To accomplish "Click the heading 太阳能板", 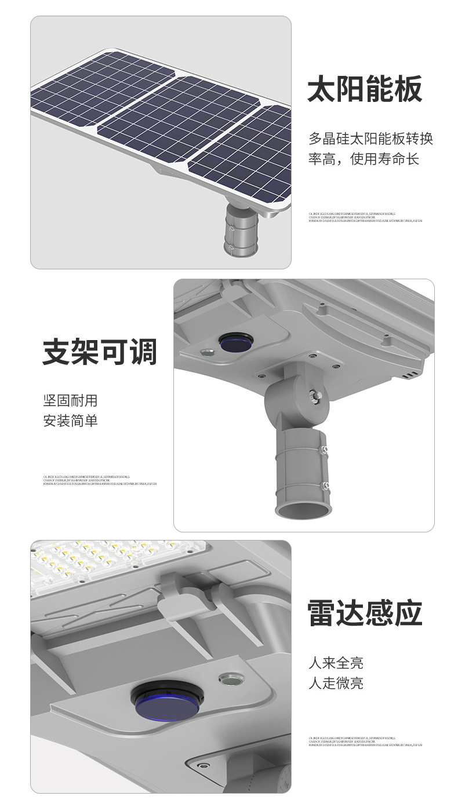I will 365,90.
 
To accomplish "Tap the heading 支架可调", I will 100,352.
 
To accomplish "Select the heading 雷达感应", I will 365,614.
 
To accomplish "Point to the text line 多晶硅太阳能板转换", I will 370,139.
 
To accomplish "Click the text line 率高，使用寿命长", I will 363,159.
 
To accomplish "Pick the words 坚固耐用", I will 70,400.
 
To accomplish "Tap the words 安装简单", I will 70,421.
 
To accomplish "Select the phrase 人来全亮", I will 336,663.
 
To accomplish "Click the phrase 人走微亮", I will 336,683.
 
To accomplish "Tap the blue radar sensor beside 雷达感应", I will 163,700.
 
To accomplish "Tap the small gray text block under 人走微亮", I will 365,741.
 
